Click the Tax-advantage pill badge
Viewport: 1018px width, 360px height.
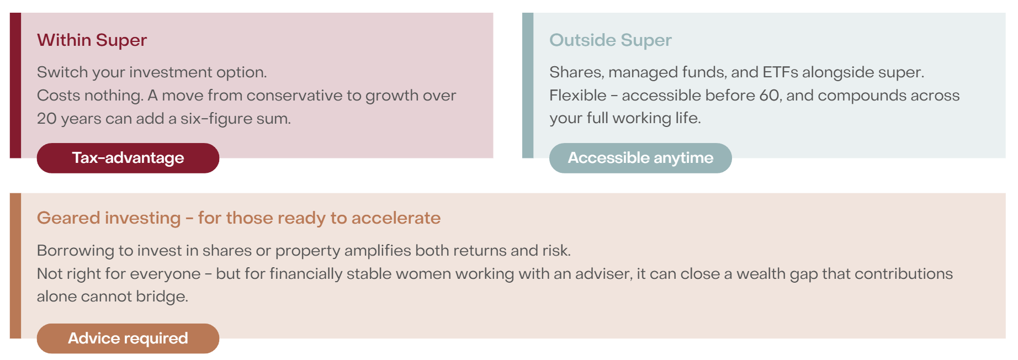point(128,158)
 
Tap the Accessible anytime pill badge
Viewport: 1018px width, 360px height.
point(640,158)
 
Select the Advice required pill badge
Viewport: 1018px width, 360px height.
point(128,338)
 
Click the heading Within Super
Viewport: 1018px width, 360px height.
point(92,40)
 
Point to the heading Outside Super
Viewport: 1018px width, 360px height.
point(610,40)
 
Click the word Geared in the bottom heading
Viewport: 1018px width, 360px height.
point(70,218)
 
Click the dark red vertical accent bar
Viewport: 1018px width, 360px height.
point(15,86)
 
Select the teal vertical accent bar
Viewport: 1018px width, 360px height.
point(528,86)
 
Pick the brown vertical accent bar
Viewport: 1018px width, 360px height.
point(15,266)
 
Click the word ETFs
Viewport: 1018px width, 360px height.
point(780,72)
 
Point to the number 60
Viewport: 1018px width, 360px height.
point(770,96)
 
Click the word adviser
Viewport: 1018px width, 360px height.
point(603,274)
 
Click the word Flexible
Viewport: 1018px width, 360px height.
point(577,96)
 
